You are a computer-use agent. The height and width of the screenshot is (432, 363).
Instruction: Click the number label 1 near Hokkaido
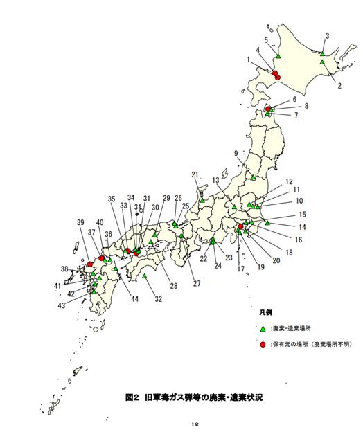click(248, 60)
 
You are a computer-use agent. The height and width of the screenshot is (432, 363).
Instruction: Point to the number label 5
click(267, 41)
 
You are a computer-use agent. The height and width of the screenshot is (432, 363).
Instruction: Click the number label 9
click(236, 153)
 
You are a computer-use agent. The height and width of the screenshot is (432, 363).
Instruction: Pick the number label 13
click(216, 180)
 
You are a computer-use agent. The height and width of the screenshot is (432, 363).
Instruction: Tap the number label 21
click(195, 175)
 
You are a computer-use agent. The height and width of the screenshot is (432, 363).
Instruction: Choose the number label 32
click(159, 299)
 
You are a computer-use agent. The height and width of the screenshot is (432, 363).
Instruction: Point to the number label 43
click(62, 305)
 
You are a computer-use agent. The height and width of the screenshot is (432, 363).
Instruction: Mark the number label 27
click(196, 283)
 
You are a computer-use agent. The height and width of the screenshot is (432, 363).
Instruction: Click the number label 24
click(218, 266)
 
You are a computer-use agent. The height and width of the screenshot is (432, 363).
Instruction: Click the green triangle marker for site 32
click(145, 276)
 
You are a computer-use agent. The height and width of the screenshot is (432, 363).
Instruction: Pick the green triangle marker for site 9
click(254, 177)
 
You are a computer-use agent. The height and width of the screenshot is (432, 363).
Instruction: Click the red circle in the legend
click(263, 344)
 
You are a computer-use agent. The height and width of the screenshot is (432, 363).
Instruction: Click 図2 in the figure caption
click(131, 398)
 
